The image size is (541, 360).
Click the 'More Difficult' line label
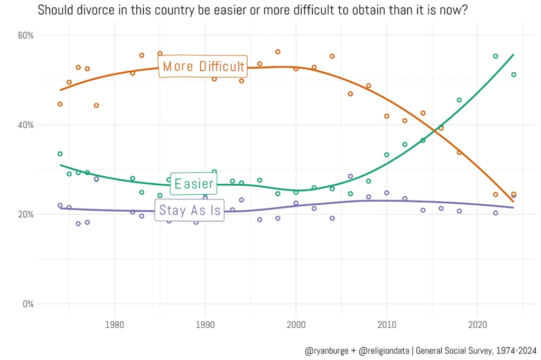[x=203, y=66]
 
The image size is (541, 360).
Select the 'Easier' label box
[x=194, y=184]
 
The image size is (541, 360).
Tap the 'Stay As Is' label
[x=190, y=210]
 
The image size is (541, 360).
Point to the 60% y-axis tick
[x=26, y=35]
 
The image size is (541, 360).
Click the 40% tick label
[x=26, y=125]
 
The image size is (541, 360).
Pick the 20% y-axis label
[x=26, y=214]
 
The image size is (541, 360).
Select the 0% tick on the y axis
[x=28, y=304]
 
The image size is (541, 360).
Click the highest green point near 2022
[x=496, y=56]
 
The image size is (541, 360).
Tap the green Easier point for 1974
[x=60, y=154]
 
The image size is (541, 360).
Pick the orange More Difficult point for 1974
[x=60, y=104]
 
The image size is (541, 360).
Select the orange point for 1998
[x=278, y=52]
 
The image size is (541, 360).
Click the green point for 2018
[x=459, y=100]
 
